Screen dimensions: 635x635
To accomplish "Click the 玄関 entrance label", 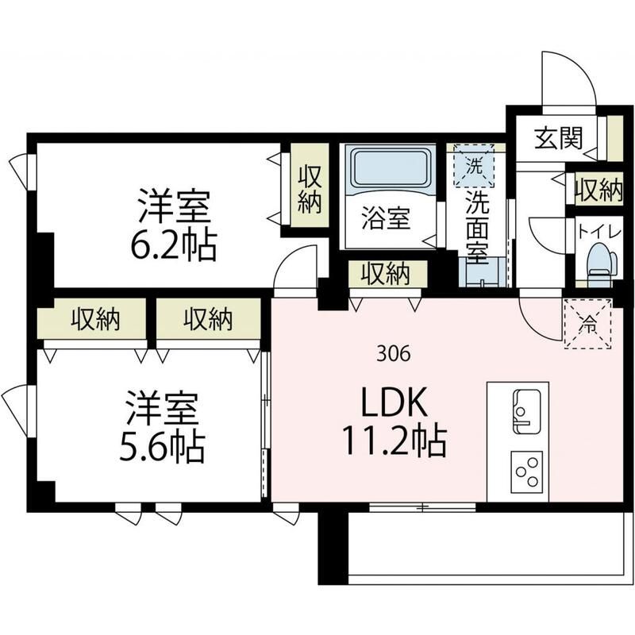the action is (559, 138).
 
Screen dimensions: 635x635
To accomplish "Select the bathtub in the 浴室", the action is (389, 168).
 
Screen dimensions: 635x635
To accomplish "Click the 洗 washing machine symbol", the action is (474, 166).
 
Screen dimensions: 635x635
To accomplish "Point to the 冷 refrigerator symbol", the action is (587, 324).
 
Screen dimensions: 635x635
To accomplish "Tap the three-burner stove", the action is (526, 471).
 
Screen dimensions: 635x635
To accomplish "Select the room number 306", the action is (393, 354).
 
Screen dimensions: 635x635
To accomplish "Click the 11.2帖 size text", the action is (394, 442).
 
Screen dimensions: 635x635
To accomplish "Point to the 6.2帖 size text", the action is (174, 246).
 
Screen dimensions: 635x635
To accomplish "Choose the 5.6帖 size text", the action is (162, 448).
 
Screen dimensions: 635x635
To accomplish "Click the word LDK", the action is (394, 402).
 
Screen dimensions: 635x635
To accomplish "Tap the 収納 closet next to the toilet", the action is (599, 190).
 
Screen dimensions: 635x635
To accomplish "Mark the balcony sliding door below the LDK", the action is (422, 506).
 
